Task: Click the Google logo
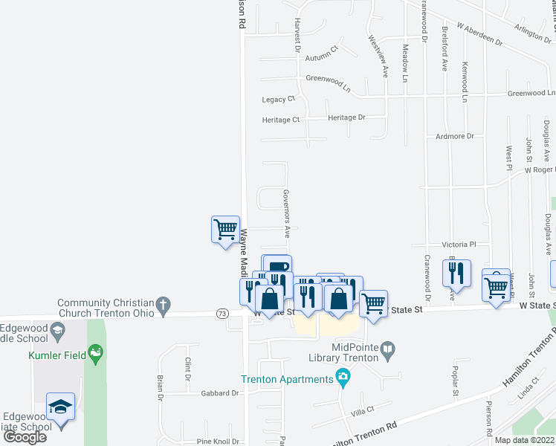point(25,437)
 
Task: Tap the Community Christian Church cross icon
point(163,304)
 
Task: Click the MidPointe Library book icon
point(387,348)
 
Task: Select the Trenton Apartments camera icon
point(342,378)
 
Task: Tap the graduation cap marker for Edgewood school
point(60,407)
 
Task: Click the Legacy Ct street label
point(279,99)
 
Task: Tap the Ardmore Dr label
point(455,136)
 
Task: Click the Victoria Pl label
point(459,244)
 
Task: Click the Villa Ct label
point(361,410)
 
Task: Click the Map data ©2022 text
point(524,440)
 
